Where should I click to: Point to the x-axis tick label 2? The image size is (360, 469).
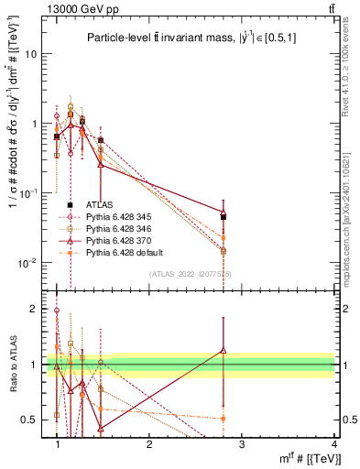tap(149, 444)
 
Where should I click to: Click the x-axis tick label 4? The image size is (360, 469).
tap(333, 444)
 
